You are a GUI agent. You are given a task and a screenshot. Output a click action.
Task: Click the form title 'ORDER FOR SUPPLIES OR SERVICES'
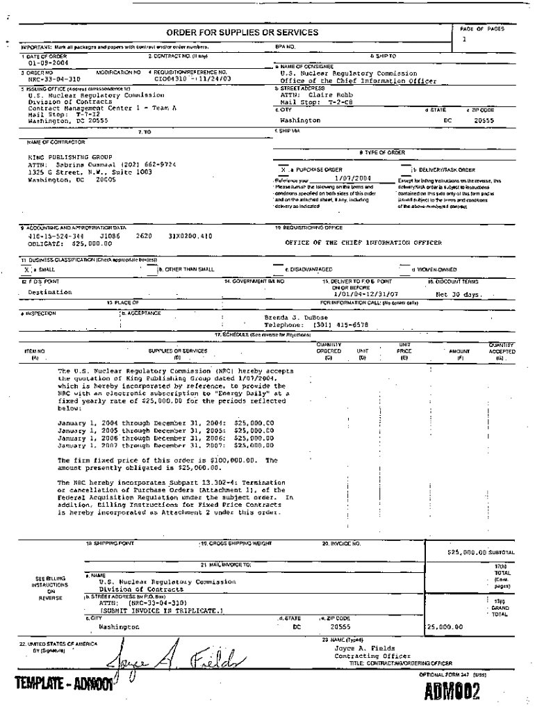click(x=242, y=33)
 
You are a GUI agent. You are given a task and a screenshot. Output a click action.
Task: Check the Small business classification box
click(x=26, y=269)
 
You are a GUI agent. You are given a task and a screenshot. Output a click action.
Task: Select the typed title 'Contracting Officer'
click(x=364, y=656)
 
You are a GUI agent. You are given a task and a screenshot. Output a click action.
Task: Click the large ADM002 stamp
click(x=452, y=693)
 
